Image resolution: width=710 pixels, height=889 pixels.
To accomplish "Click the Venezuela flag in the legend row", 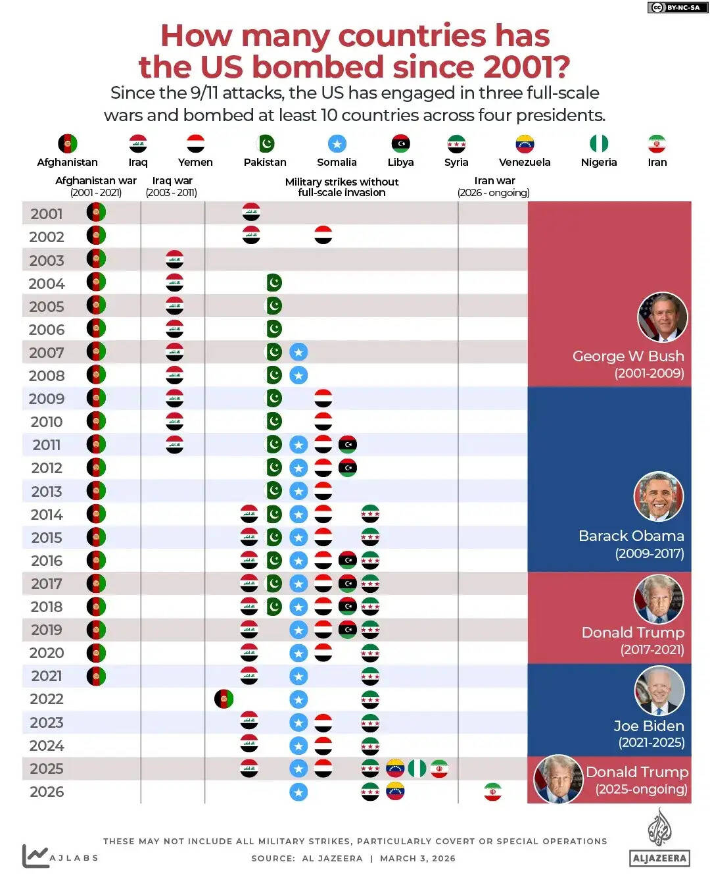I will [525, 143].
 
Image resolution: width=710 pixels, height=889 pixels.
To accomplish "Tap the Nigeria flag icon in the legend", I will [598, 143].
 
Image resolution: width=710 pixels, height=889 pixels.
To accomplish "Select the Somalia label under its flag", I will [337, 163].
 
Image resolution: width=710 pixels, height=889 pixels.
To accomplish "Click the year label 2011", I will [46, 445].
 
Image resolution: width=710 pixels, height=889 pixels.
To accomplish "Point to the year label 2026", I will [46, 792].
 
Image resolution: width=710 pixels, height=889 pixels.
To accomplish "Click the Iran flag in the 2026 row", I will [492, 792].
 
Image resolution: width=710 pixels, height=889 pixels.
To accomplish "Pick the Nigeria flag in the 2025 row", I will [417, 769].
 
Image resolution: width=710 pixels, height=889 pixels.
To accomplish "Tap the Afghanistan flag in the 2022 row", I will [224, 699].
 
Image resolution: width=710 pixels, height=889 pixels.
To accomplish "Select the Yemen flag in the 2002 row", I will [323, 235].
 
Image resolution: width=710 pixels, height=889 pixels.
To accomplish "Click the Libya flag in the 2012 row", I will [348, 468].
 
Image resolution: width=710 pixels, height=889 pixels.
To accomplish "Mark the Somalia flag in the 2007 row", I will [298, 352].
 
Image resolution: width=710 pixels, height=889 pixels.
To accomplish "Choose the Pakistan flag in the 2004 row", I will [273, 283].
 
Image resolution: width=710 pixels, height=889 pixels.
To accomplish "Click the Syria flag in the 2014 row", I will [370, 514].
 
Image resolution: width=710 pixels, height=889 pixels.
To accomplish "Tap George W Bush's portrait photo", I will [663, 317].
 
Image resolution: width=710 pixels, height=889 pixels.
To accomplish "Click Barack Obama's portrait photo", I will [659, 497].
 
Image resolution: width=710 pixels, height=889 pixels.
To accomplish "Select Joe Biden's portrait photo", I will [659, 690].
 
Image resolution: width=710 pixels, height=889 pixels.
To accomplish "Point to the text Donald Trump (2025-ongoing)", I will [637, 780].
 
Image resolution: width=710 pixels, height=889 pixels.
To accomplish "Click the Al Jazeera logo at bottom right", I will [659, 838].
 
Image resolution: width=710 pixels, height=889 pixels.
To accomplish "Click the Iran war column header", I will [494, 186].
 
